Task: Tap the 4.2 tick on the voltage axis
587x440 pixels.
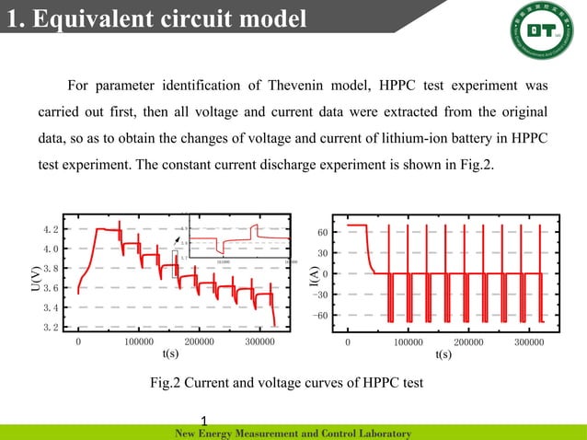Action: tap(52, 229)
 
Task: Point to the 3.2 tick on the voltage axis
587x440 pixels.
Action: tap(52, 327)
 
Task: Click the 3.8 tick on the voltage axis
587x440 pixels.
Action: tap(52, 269)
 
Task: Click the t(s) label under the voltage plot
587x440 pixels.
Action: tap(170, 353)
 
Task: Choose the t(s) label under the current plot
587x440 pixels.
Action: tap(443, 353)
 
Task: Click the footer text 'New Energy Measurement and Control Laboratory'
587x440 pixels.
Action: tap(292, 433)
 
